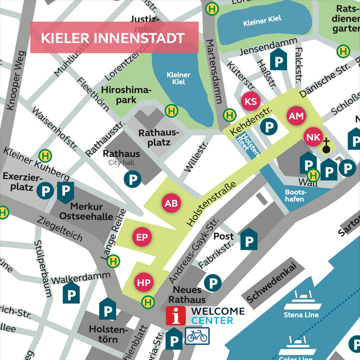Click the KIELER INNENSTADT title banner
[x=114, y=38]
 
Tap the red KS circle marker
[x=250, y=102]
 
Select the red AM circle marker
[x=297, y=116]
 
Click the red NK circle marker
[x=313, y=137]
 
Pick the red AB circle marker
[x=171, y=203]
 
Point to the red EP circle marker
[x=142, y=237]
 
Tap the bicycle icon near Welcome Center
[x=197, y=336]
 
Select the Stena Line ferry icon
[x=301, y=299]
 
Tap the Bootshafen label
[x=294, y=196]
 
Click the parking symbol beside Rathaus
[x=132, y=180]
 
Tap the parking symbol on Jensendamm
[x=278, y=60]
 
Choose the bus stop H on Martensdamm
[x=229, y=115]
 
